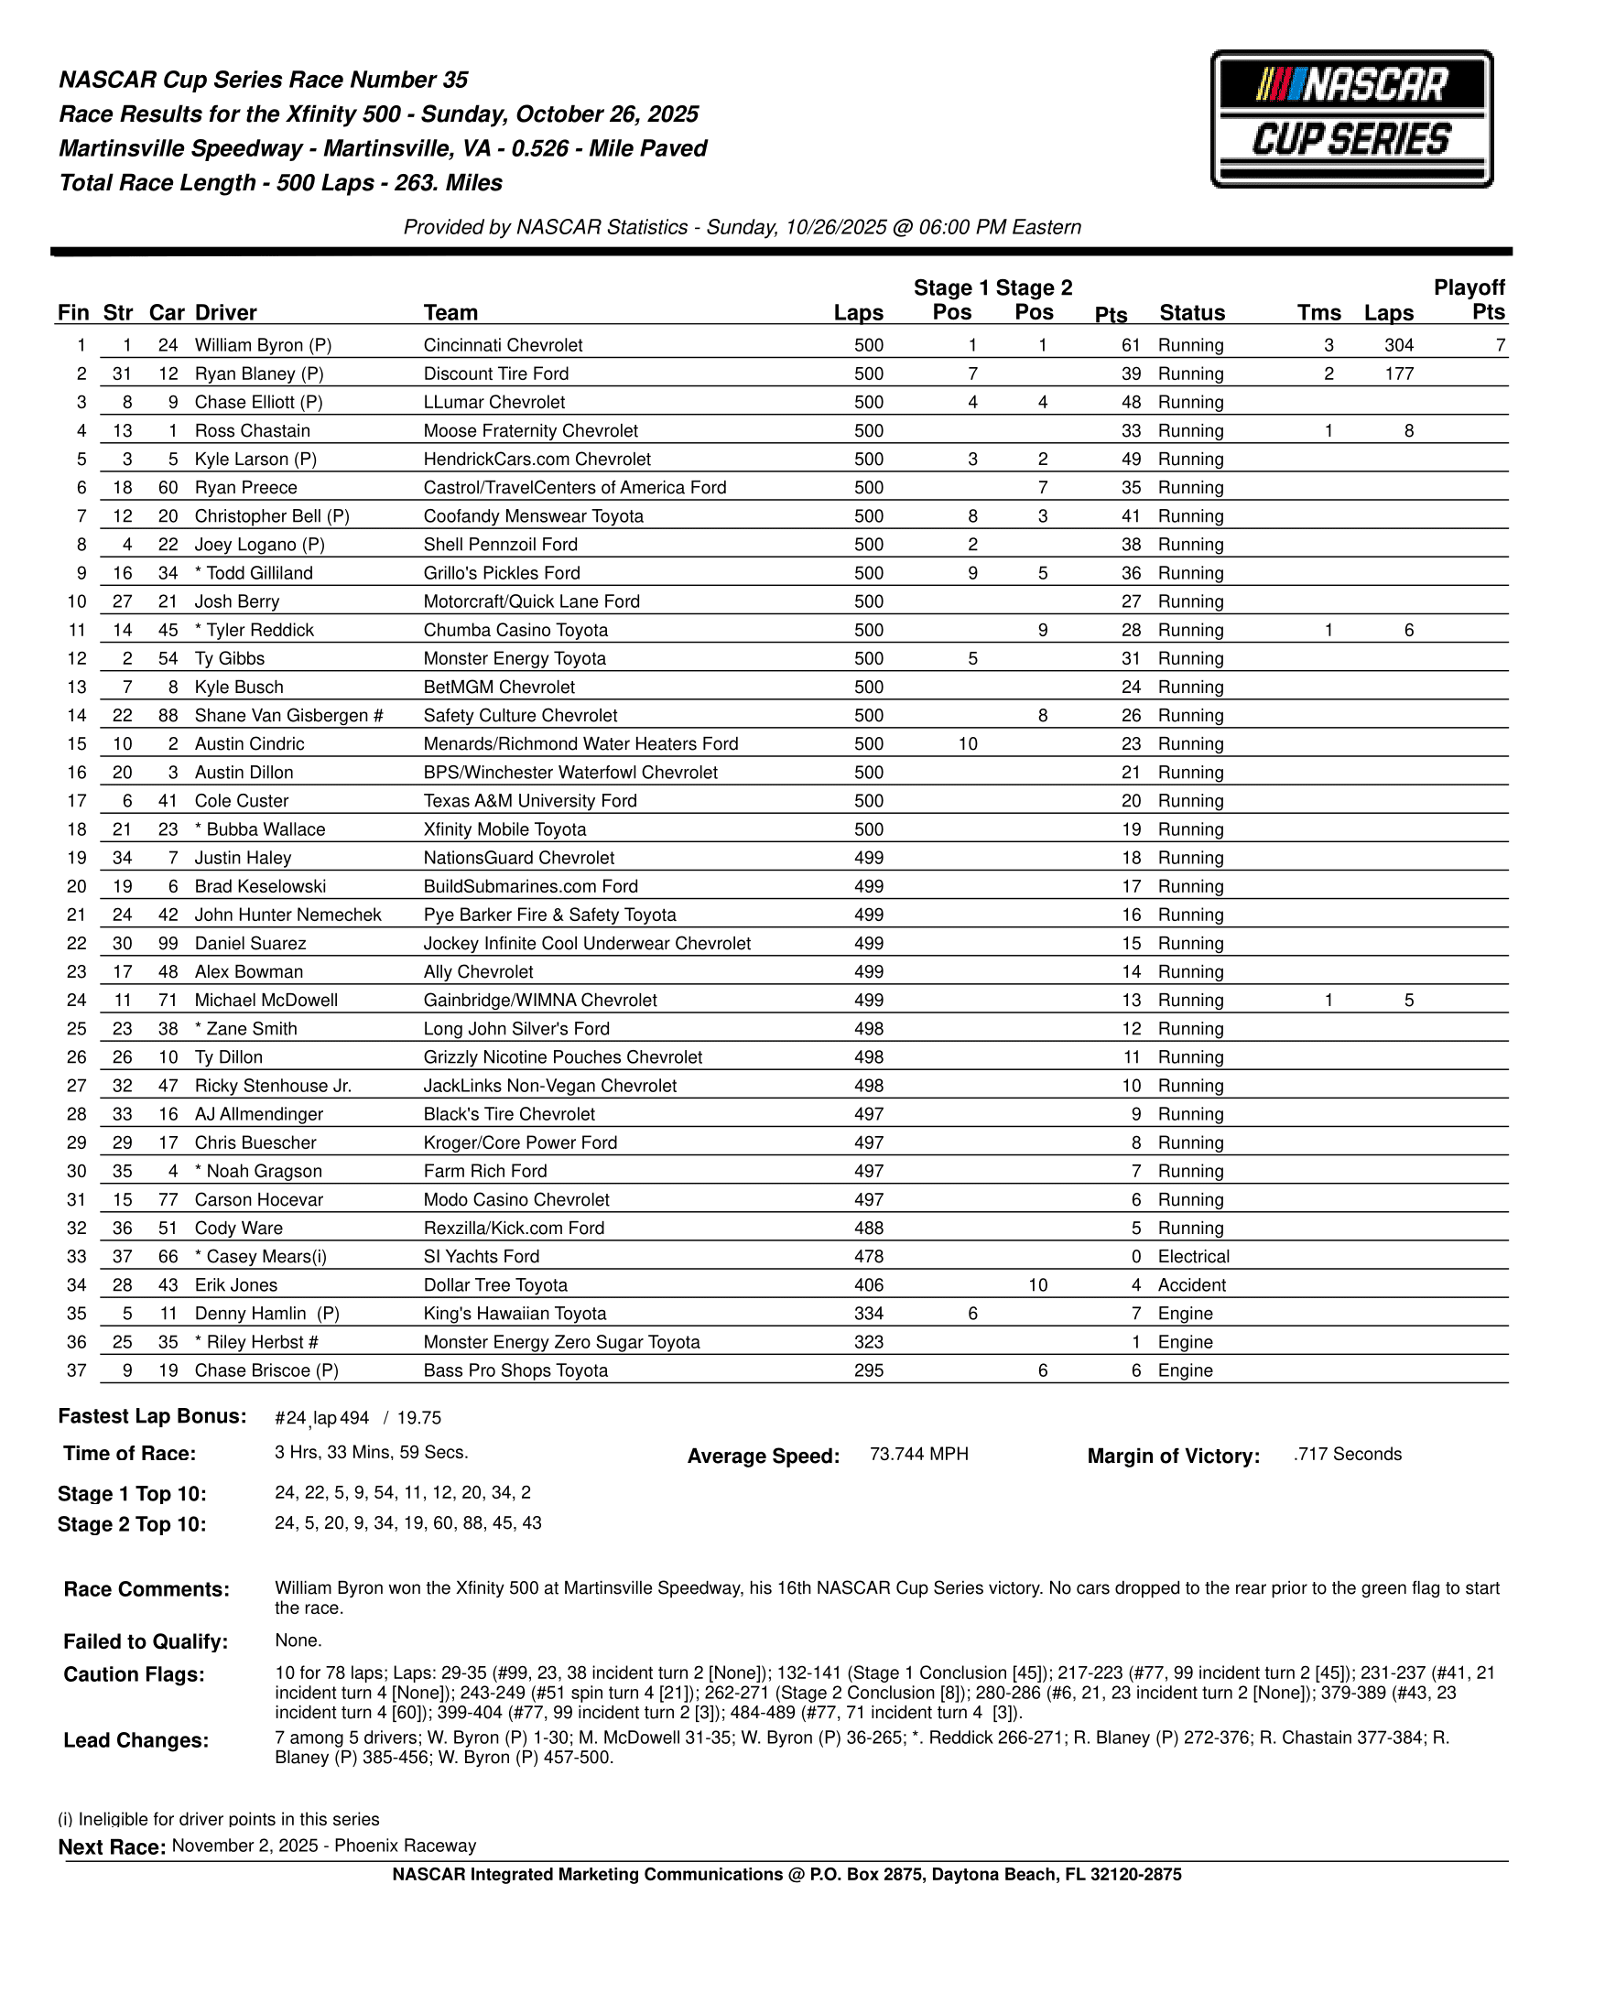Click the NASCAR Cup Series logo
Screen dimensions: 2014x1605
click(1350, 119)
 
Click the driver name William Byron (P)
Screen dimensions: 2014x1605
click(263, 345)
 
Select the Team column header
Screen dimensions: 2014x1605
click(450, 313)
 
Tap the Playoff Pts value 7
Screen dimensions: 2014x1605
click(1500, 345)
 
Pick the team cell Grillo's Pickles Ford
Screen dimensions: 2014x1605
click(501, 573)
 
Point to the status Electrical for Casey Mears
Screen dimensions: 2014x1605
click(1193, 1256)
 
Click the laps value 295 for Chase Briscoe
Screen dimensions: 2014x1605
click(868, 1370)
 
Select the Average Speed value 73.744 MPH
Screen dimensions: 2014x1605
click(918, 1454)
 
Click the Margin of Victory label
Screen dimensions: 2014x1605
click(1173, 1456)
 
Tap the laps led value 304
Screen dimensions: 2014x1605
click(1397, 345)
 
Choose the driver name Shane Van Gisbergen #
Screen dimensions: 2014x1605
click(288, 716)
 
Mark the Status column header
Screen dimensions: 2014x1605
click(1191, 313)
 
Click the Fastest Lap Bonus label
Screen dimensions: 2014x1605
click(152, 1416)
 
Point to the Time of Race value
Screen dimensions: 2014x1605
click(371, 1453)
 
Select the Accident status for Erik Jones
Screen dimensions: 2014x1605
click(1191, 1285)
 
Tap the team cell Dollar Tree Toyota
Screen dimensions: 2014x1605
click(495, 1285)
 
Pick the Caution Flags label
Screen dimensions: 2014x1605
click(134, 1674)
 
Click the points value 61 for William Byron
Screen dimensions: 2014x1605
click(1131, 345)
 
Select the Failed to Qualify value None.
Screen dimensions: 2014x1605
click(298, 1640)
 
